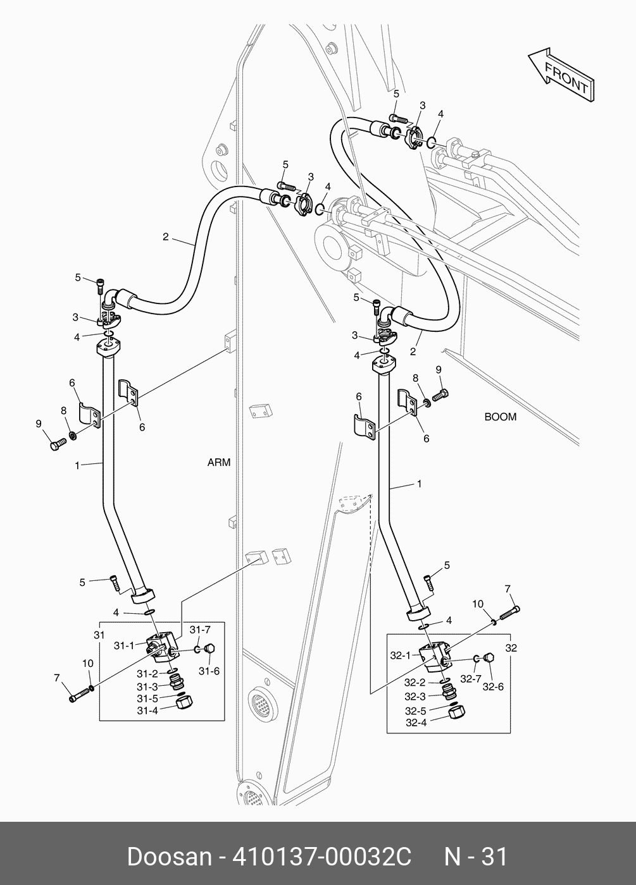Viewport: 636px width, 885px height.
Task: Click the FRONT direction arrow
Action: point(561,74)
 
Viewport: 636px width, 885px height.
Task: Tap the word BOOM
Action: point(500,417)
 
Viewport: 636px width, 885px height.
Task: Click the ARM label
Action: point(219,462)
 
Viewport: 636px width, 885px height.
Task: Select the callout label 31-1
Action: point(124,645)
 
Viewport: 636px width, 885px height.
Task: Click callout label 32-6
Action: point(492,687)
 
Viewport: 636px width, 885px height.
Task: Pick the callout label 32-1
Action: point(401,656)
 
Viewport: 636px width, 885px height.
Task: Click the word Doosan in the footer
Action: point(169,857)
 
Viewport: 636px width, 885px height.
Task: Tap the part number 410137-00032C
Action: point(323,857)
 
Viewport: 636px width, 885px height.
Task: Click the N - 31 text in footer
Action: point(476,857)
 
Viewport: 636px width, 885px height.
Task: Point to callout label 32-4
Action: point(416,723)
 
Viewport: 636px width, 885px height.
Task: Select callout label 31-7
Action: point(200,629)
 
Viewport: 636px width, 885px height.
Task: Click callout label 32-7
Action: point(471,680)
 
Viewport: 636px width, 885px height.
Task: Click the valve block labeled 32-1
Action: point(437,656)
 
